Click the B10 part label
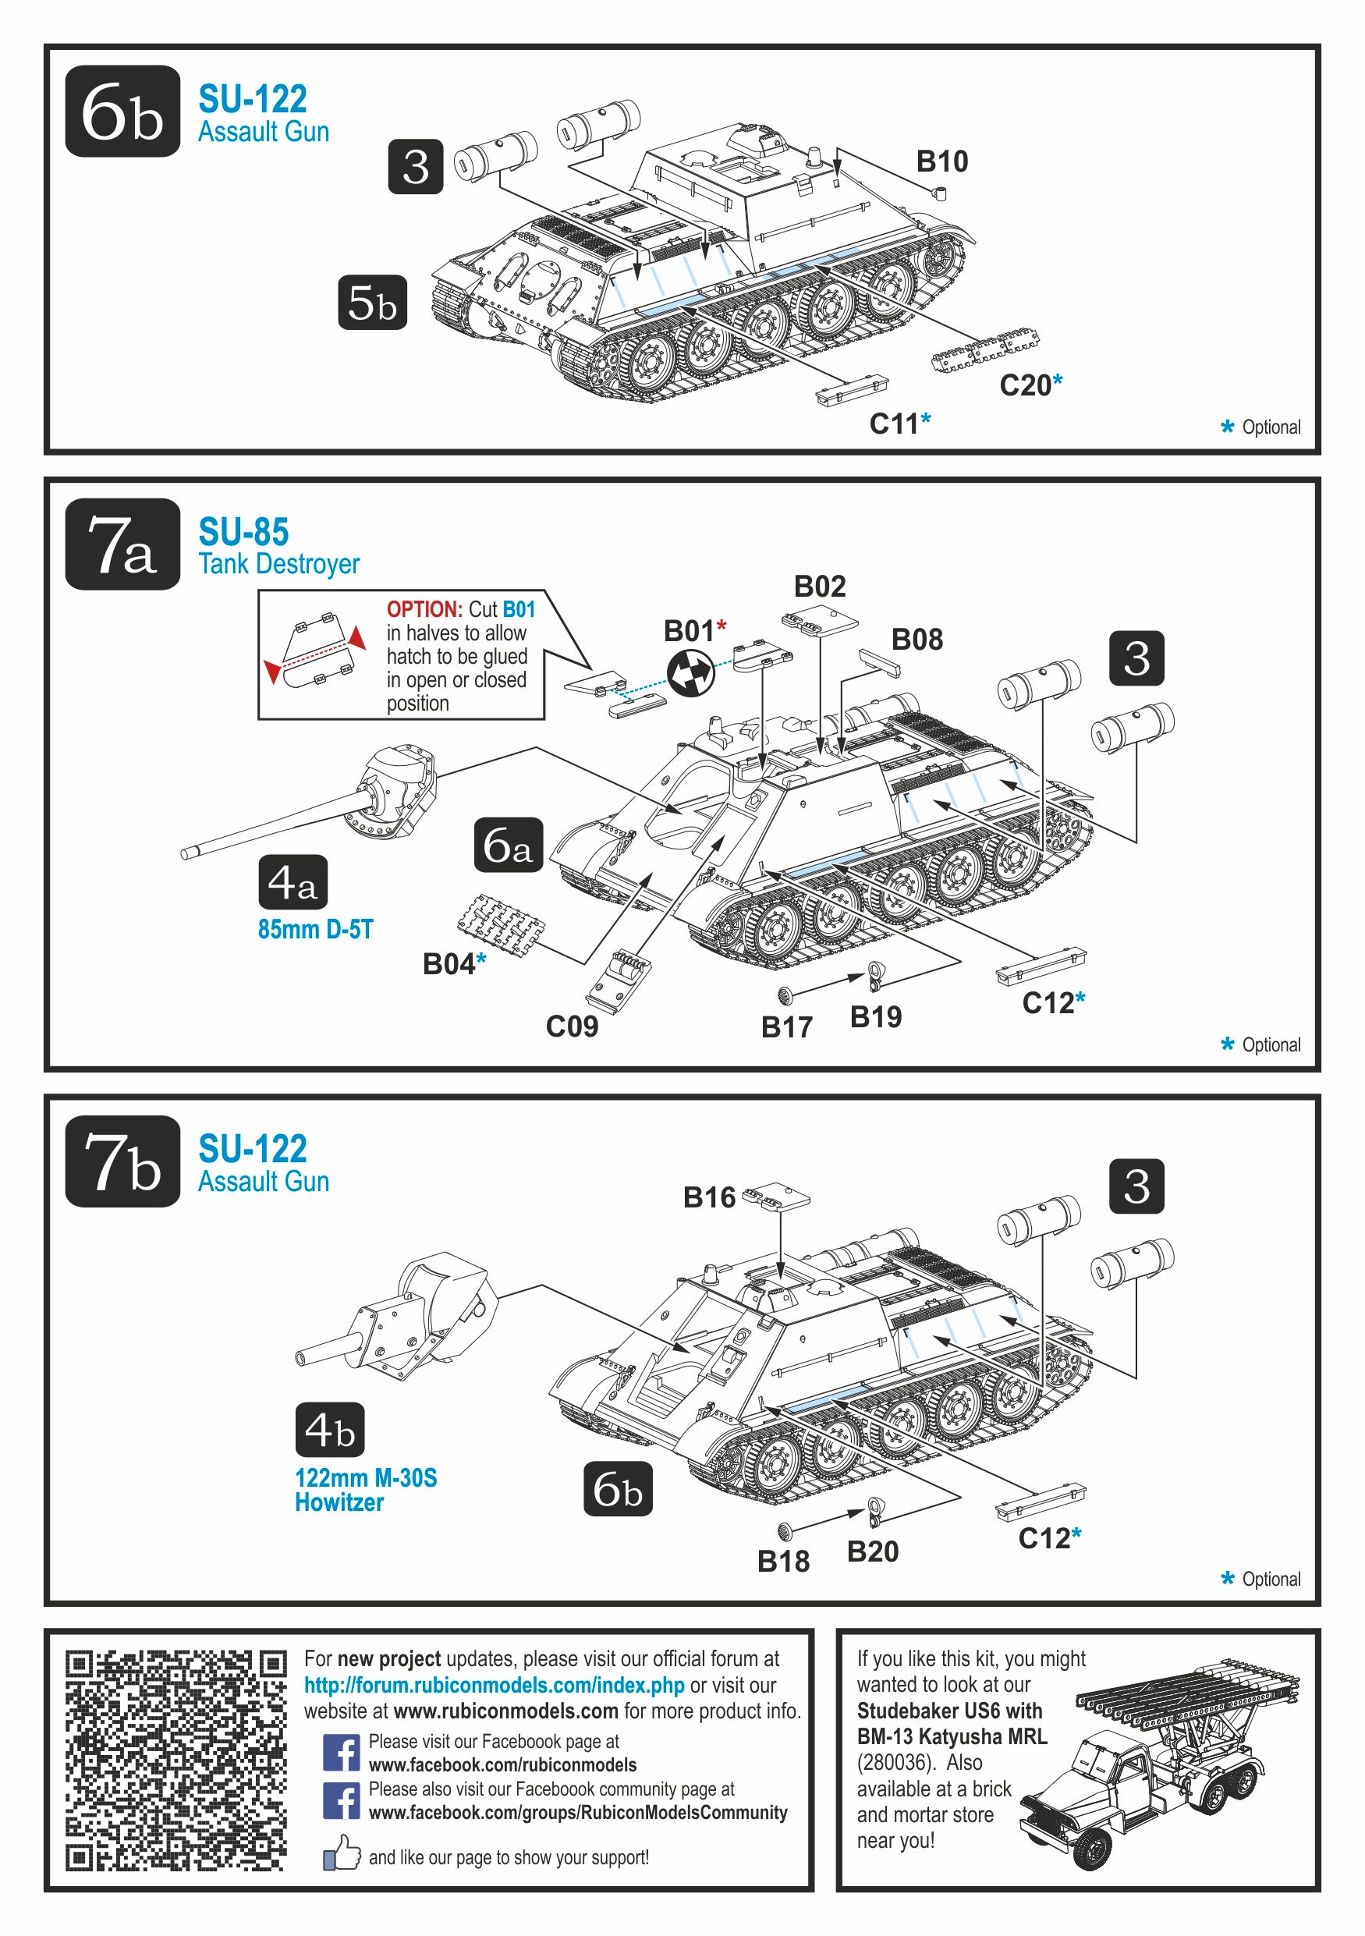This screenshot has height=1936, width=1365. tap(941, 161)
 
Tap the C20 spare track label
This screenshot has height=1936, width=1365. tap(1024, 385)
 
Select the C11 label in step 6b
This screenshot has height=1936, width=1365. tap(894, 424)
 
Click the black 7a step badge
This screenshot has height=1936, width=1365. tap(122, 544)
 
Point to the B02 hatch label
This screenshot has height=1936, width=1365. tap(820, 586)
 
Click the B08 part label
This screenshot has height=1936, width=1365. tap(916, 640)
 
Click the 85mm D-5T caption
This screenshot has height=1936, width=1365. tap(315, 929)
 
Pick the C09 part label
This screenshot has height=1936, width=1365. tap(572, 1027)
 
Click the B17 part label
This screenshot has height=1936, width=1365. tap(786, 1027)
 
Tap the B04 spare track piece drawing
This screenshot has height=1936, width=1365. tap(501, 925)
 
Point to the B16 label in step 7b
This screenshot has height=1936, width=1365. tap(709, 1197)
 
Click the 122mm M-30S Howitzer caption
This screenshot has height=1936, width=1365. tap(365, 1490)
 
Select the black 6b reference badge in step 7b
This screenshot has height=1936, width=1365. tap(617, 1488)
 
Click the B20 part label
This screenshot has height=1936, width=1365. tap(873, 1551)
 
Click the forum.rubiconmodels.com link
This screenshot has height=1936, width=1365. tap(494, 1685)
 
